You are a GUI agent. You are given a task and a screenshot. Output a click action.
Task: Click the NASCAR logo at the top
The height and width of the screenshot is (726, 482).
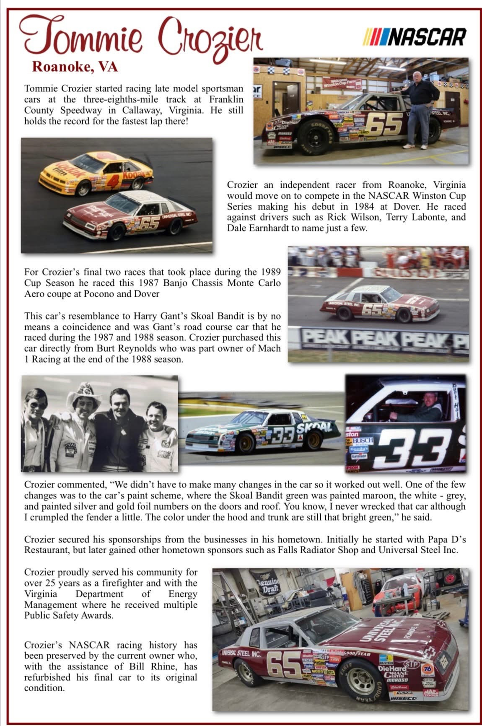[x=415, y=37]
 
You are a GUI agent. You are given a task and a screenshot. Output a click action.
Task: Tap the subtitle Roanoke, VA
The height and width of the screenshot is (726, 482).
[x=75, y=67]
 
